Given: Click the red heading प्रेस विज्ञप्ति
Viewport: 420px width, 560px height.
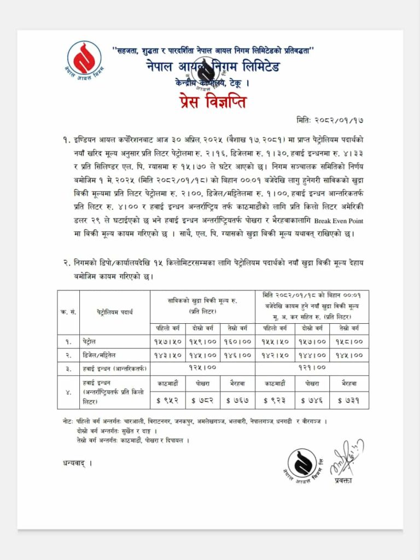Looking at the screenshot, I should pos(210,102).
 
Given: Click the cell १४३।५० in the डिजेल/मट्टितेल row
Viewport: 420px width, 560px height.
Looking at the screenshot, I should pos(168,355).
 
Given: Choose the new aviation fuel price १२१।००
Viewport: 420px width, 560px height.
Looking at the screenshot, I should pos(313,367).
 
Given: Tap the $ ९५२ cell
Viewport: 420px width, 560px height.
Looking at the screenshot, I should pos(168,400).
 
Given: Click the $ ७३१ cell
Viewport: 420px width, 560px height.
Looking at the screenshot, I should pos(350,400).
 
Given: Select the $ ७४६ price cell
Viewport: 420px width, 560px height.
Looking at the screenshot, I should pos(313,400).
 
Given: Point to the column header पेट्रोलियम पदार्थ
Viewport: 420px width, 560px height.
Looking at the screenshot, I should pos(115,312).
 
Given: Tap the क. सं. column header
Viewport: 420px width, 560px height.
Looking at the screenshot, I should pos(68,312).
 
